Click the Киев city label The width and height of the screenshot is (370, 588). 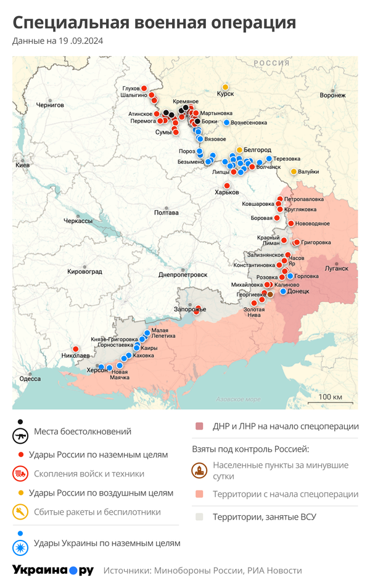pos(22,166)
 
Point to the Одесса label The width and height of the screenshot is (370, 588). pos(29,378)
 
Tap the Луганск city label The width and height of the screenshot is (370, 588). pos(337,268)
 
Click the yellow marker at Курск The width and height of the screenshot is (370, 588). pos(226,86)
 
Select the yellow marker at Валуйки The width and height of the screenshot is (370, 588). pos(294,171)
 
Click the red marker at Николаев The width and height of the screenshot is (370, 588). pos(75,349)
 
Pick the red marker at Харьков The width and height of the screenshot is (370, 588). pos(226,186)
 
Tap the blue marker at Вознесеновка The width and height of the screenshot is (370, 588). pos(226,123)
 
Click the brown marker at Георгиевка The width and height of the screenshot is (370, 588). pos(269,295)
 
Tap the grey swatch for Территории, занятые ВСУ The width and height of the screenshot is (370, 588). pos(199,517)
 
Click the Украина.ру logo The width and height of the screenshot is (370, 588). pos(53,570)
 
